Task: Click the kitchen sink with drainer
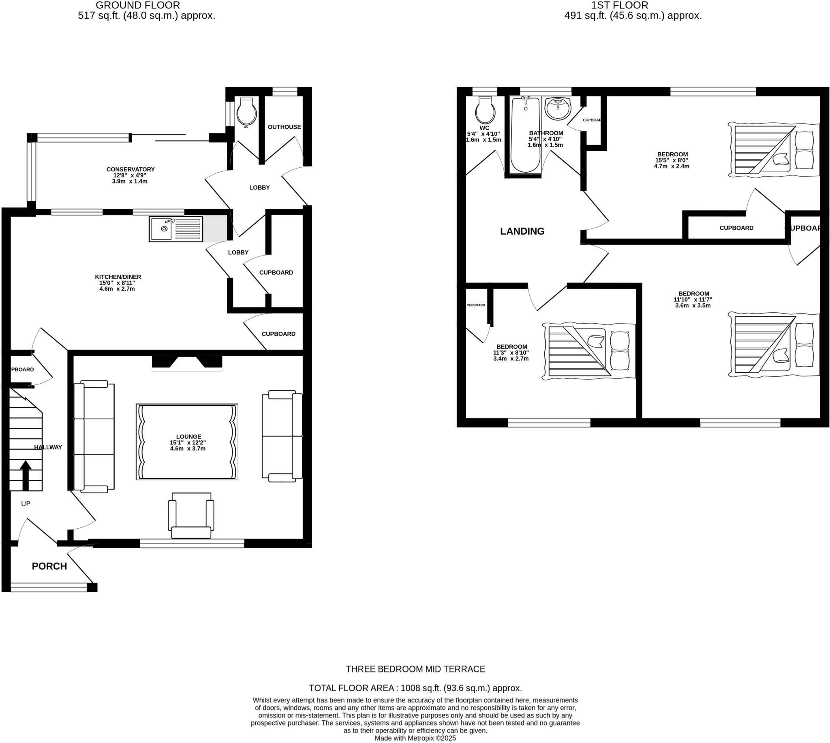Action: click(175, 229)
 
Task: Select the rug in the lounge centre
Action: click(187, 442)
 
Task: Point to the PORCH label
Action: click(49, 566)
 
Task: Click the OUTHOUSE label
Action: click(284, 127)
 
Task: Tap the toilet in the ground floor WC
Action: click(246, 111)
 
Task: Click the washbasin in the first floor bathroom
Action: click(558, 109)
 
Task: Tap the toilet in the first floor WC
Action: click(485, 111)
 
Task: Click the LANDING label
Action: click(522, 231)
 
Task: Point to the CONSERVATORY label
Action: click(130, 169)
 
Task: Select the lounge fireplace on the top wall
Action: click(187, 363)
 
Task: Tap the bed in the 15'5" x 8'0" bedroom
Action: click(774, 149)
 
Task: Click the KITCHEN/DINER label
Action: click(118, 277)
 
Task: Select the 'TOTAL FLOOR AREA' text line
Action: click(415, 688)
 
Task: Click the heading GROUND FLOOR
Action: click(138, 5)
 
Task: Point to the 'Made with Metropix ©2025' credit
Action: click(415, 738)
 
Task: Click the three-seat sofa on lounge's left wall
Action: click(94, 436)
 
